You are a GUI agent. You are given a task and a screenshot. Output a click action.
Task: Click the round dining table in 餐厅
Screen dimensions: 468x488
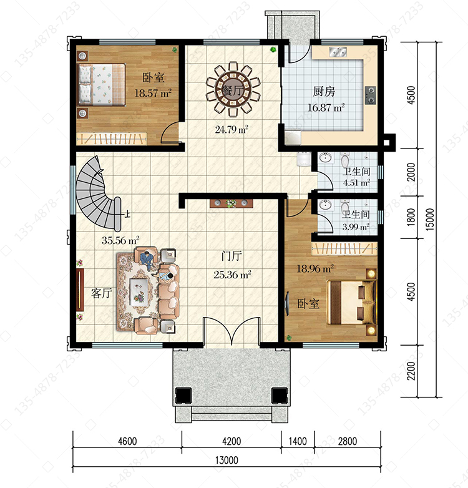233,90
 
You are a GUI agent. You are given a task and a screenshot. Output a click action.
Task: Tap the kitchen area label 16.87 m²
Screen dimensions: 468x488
326,108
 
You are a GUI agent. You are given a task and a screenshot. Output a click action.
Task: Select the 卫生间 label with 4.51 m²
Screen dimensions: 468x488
356,172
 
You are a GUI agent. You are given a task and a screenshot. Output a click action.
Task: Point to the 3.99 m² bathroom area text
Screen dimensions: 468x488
356,227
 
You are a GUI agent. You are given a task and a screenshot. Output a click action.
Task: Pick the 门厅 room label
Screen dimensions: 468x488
232,256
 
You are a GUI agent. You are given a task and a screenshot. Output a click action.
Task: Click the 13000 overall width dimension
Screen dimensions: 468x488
227,460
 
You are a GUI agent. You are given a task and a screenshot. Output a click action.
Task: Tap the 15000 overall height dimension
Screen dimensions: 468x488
430,219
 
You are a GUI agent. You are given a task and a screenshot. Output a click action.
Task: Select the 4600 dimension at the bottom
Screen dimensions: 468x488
127,441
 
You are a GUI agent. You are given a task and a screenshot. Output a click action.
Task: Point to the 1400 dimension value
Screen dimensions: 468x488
298,441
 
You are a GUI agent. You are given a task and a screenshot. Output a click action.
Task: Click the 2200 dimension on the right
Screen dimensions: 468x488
411,371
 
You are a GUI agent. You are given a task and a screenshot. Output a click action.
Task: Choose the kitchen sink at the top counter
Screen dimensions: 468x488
338,52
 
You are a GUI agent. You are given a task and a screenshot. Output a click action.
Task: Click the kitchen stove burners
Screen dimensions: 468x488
370,95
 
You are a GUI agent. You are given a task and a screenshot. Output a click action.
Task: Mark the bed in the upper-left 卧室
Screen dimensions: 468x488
102,84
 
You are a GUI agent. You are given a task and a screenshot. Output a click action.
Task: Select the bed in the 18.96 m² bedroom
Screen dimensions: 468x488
351,303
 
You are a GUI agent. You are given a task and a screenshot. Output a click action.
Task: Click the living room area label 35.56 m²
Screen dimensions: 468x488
120,240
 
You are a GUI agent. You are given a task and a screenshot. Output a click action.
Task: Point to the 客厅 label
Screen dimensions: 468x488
102,293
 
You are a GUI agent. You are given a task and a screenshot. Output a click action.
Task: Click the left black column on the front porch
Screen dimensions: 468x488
183,396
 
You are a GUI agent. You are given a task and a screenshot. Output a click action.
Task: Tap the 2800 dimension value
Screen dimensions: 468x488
348,441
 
